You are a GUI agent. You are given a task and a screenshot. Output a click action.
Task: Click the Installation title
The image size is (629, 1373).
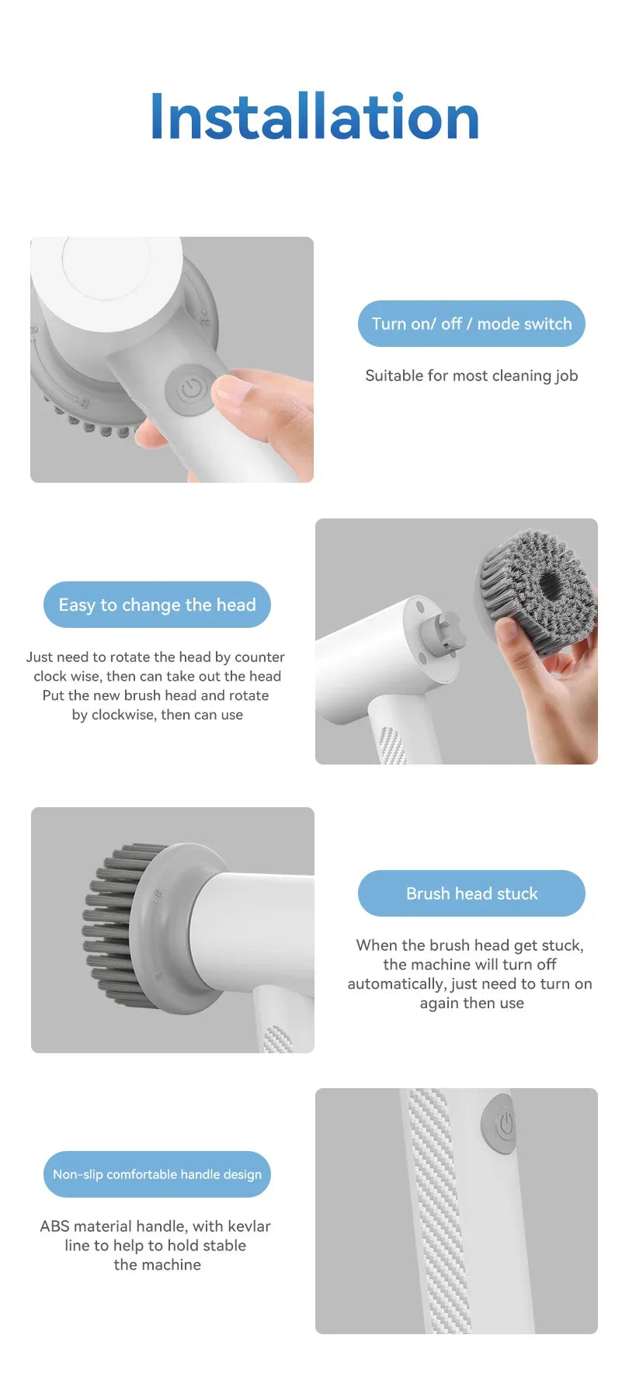point(314,117)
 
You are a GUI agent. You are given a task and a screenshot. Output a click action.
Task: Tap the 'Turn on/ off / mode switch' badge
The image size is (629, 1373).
point(471,324)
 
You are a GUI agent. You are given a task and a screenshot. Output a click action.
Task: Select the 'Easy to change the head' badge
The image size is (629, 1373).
point(157,605)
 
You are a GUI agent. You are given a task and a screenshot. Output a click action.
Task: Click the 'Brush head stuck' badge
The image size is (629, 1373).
point(471,893)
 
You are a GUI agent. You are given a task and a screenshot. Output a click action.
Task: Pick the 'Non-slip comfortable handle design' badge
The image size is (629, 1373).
point(157,1174)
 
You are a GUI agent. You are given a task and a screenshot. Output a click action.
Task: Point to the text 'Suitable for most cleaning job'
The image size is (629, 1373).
point(471,376)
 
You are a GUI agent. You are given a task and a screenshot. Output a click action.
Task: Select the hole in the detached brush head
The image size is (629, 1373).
point(553,584)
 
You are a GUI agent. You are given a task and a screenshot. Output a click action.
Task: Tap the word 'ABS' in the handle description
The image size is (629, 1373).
point(54,1226)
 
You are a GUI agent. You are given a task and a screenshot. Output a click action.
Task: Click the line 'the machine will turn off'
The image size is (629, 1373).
point(470,965)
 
